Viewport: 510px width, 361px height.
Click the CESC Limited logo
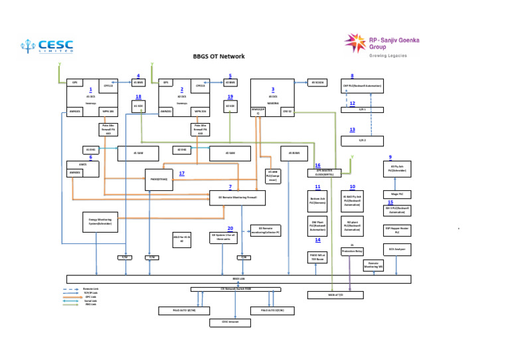[46, 46]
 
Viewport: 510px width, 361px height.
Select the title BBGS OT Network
[218, 57]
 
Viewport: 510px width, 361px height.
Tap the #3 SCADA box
[318, 82]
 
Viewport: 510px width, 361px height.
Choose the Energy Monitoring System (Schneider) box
[100, 222]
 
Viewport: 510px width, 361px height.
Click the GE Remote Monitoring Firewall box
[237, 197]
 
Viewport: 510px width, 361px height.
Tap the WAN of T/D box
[335, 294]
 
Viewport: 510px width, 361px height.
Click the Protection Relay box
[352, 251]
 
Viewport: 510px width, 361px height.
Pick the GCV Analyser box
[397, 250]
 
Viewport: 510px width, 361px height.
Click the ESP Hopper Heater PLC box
[397, 231]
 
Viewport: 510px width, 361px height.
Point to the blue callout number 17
[181, 174]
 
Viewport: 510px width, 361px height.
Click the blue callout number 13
[352, 130]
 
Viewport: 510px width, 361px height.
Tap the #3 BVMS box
[294, 154]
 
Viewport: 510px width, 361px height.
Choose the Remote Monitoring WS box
[375, 265]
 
